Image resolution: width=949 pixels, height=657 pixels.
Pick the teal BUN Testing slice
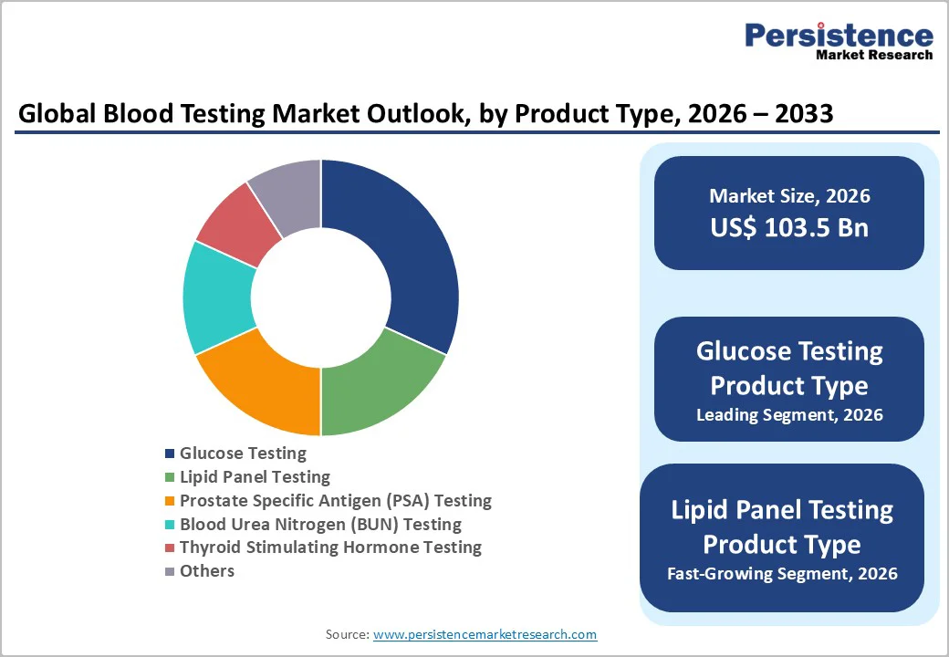[217, 297]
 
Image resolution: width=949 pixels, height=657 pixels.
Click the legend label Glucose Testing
[243, 453]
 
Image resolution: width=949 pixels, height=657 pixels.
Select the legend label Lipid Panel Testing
[255, 476]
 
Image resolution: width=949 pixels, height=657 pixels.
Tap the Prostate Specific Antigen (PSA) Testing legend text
[335, 500]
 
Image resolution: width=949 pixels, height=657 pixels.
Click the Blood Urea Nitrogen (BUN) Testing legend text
[320, 524]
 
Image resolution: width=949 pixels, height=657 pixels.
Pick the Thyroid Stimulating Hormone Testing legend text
[330, 547]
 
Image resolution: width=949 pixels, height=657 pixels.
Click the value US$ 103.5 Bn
[789, 227]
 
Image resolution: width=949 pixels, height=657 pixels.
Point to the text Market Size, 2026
[789, 196]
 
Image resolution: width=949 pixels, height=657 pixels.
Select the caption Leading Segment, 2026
[789, 415]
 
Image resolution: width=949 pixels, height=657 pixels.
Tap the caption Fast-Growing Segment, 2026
[782, 574]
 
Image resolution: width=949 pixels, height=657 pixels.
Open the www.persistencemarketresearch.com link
[485, 634]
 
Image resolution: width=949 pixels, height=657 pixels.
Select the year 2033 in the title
[800, 114]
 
